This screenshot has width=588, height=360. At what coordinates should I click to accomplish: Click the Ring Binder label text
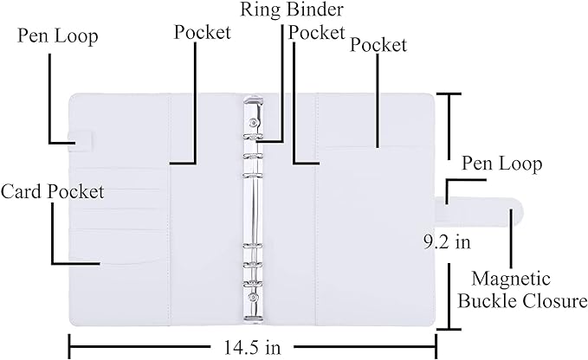click(x=293, y=12)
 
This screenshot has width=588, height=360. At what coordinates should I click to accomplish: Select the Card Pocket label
click(x=52, y=190)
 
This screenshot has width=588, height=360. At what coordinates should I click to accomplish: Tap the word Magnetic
click(x=510, y=279)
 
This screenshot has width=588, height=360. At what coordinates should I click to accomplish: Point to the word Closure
click(x=557, y=301)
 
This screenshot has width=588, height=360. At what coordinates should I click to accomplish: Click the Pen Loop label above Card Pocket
click(x=58, y=36)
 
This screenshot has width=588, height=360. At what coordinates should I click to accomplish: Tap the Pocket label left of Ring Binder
click(x=203, y=33)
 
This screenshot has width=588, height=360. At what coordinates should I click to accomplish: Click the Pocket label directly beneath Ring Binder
click(x=316, y=32)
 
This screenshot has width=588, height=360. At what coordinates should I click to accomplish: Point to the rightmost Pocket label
click(x=378, y=45)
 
